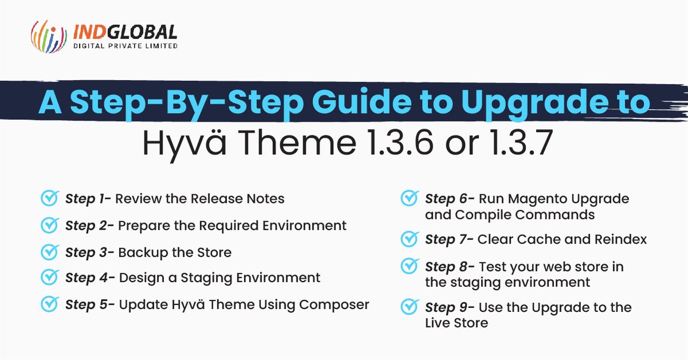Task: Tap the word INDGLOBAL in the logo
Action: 125,32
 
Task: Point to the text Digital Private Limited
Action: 125,46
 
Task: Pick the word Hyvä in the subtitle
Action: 178,143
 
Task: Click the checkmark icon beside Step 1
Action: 49,198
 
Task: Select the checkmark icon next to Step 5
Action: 49,304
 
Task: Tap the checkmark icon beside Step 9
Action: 409,306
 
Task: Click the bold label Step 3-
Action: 89,252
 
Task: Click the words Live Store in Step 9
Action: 456,323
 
